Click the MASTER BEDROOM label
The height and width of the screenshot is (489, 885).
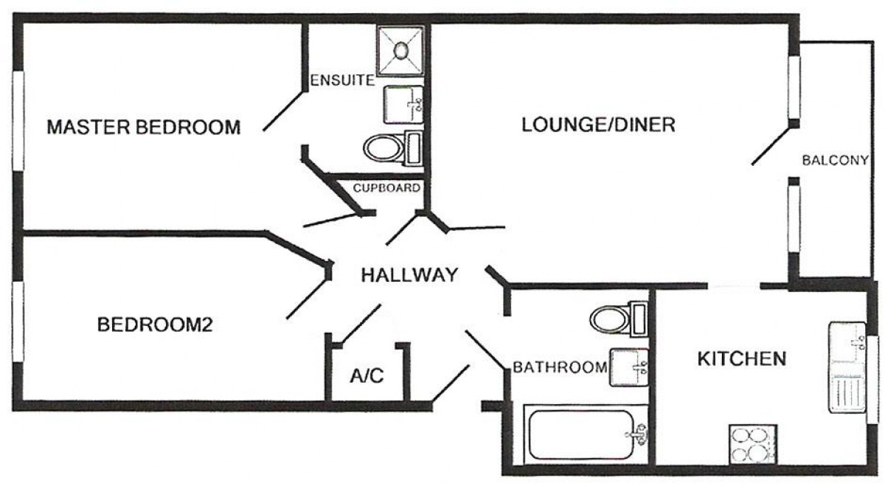143,127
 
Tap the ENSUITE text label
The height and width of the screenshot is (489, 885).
342,80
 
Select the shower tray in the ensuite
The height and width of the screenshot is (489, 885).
400,51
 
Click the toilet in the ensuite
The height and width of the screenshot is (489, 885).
393,148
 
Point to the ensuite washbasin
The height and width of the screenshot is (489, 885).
403,105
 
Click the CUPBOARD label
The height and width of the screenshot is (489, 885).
386,187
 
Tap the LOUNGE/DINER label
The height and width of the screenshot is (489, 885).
598,125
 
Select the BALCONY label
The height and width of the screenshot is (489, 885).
835,160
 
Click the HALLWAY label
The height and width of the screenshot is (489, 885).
409,275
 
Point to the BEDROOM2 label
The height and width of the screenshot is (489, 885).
155,325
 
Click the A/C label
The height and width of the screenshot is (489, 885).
367,375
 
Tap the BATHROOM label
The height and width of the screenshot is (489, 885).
560,367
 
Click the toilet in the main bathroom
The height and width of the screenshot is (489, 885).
619,319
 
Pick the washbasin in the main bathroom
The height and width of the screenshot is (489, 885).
629,367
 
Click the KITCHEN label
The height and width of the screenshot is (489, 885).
742,359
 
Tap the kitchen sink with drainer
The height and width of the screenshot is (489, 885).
847,367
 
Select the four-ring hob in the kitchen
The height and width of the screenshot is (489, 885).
753,444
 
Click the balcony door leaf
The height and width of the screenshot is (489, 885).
771,145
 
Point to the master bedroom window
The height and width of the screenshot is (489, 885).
18,121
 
